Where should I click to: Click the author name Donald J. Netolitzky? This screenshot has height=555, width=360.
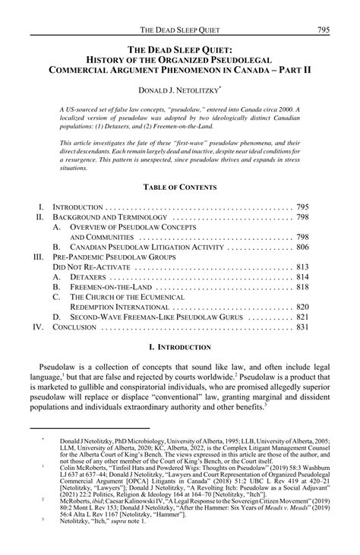179,90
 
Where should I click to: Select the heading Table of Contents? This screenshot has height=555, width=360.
179,187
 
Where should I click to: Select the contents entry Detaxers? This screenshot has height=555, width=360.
88,278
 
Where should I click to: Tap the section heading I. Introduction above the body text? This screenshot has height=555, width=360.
179,348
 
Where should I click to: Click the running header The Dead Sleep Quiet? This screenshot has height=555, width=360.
179,9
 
